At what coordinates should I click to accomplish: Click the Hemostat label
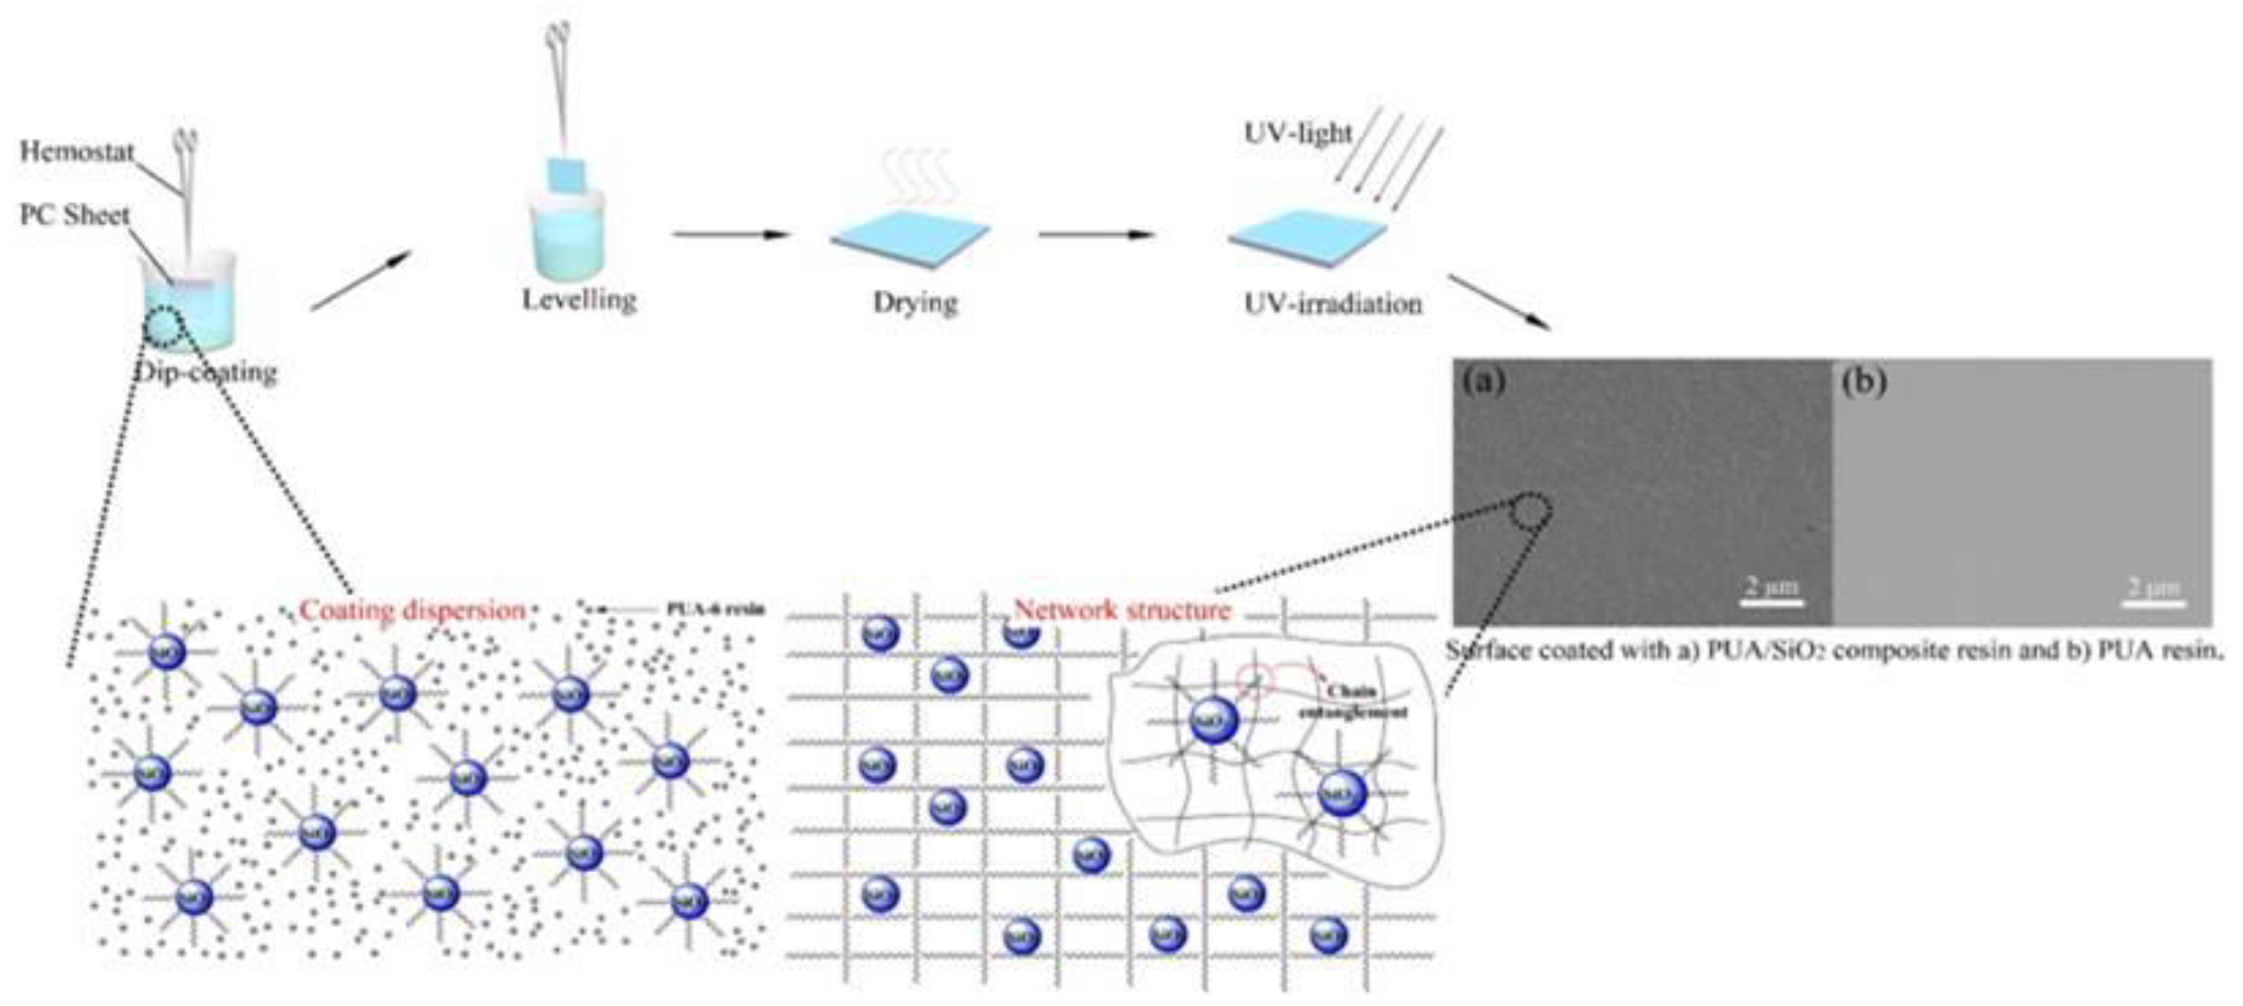click(77, 151)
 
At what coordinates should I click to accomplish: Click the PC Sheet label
click(74, 215)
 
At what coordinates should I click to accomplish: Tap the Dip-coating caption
click(207, 373)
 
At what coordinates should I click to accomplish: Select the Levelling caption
click(579, 299)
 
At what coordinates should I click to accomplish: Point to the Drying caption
click(915, 302)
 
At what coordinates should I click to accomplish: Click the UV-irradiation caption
click(1332, 304)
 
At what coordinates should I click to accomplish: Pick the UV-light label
click(1298, 133)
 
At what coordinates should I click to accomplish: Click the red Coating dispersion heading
click(412, 610)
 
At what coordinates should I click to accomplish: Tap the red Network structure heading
click(1123, 610)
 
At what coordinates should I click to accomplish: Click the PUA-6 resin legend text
click(715, 609)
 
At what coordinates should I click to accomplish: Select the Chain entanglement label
click(1352, 702)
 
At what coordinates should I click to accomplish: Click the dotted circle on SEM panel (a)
click(1530, 511)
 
